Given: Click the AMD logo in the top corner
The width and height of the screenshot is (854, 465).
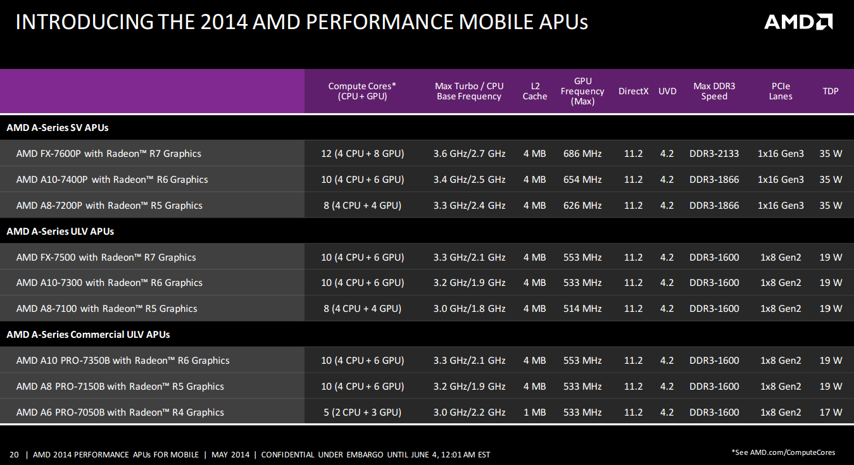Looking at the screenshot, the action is [798, 22].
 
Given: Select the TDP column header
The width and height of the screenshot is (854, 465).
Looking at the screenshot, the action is [831, 91].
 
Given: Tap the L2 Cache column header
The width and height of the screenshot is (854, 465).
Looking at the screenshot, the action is [534, 91].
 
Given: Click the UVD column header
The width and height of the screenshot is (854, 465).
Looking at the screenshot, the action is [667, 91].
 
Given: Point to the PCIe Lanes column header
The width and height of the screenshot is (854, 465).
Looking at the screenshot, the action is [781, 91].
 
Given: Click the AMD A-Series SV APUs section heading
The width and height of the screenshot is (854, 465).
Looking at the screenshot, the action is [57, 127].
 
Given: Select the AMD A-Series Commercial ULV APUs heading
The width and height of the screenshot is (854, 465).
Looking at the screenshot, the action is [88, 334].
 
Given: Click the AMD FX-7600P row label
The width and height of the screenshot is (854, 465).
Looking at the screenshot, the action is [108, 153].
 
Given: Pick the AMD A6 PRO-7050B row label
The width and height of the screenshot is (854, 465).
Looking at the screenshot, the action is [120, 412].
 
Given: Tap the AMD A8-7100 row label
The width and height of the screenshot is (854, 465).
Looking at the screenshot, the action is [106, 308].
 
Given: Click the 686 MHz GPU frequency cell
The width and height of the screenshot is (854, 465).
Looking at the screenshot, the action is [582, 154].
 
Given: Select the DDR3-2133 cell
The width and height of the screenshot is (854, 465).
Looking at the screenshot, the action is [713, 154].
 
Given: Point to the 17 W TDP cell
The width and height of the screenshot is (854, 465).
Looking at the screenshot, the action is [831, 412].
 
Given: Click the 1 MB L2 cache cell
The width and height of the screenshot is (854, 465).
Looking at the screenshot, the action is [534, 412].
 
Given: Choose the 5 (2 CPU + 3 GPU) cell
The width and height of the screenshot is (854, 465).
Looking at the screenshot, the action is [362, 412].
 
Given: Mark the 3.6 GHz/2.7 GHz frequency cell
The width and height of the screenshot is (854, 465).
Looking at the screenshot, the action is [469, 154].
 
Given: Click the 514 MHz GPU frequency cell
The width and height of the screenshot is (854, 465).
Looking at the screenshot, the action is [582, 308].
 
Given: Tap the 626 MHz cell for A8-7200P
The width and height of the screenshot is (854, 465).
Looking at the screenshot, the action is [582, 206].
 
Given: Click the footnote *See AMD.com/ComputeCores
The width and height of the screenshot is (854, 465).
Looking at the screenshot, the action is [783, 452].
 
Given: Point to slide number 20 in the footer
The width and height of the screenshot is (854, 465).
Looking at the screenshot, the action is [14, 455].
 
